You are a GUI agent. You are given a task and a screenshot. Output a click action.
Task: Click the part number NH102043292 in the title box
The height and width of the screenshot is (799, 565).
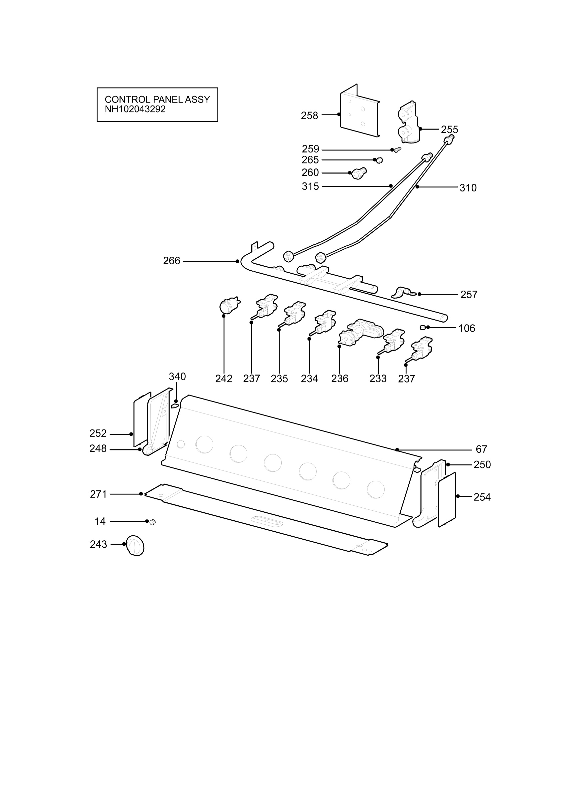135,109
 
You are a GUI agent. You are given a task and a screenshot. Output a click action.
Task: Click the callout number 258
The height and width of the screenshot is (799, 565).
310,116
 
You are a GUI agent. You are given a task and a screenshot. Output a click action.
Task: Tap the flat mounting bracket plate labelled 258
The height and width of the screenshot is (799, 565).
359,111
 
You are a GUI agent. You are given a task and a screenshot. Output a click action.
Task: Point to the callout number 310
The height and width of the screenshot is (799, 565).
468,188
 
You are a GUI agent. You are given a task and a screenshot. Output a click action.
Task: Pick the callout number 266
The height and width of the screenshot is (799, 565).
172,261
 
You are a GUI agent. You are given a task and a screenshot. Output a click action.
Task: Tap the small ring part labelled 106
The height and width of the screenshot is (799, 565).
423,328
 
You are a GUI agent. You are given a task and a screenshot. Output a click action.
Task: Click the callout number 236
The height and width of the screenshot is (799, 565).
340,379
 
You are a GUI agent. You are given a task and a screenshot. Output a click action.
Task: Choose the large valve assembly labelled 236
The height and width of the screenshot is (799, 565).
361,333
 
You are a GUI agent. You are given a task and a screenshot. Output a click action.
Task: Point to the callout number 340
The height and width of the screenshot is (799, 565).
177,377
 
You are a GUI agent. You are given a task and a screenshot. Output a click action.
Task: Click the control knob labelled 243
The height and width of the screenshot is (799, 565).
135,545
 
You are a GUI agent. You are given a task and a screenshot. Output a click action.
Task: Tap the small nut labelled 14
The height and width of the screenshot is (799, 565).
152,522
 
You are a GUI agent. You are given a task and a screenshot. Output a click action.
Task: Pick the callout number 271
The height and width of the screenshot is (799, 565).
99,494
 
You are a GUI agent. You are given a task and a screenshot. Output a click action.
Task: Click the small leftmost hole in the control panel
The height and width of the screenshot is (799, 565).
181,444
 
